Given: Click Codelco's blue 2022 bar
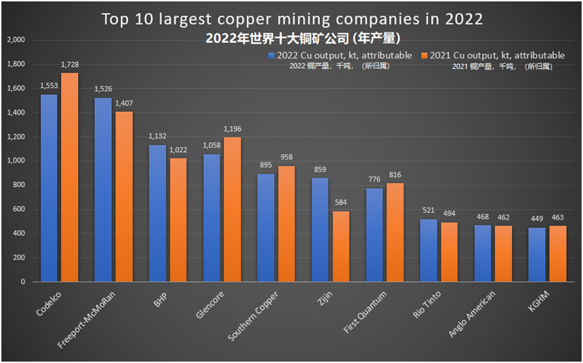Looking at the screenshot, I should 49,188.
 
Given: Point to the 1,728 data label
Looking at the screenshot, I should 70,65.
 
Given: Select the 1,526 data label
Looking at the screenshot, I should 103,89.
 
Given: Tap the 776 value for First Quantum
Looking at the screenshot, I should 374,180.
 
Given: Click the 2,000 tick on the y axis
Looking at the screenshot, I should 15,40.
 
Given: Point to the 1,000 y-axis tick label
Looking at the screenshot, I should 15,161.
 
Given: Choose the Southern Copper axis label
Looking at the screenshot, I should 252,316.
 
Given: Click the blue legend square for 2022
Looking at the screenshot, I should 270,55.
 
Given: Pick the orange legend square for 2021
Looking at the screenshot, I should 423,55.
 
